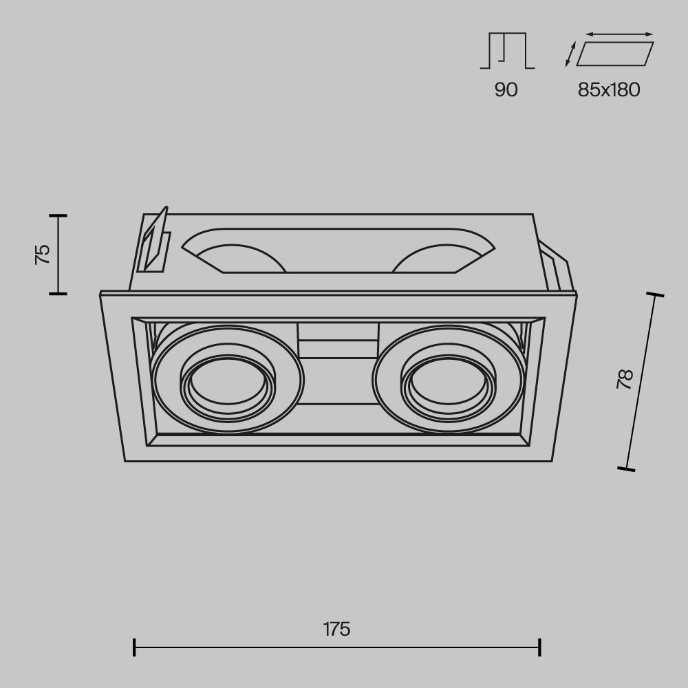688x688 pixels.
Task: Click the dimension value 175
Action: click(336, 630)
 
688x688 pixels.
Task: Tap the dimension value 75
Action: click(43, 255)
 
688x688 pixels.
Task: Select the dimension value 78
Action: click(625, 379)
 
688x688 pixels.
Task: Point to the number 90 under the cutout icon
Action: click(506, 89)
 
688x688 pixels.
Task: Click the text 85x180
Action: click(609, 89)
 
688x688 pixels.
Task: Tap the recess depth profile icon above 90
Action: click(507, 50)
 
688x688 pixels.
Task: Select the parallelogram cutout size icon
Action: click(614, 54)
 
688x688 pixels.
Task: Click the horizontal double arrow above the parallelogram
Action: click(620, 34)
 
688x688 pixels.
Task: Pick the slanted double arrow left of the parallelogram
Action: click(570, 54)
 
